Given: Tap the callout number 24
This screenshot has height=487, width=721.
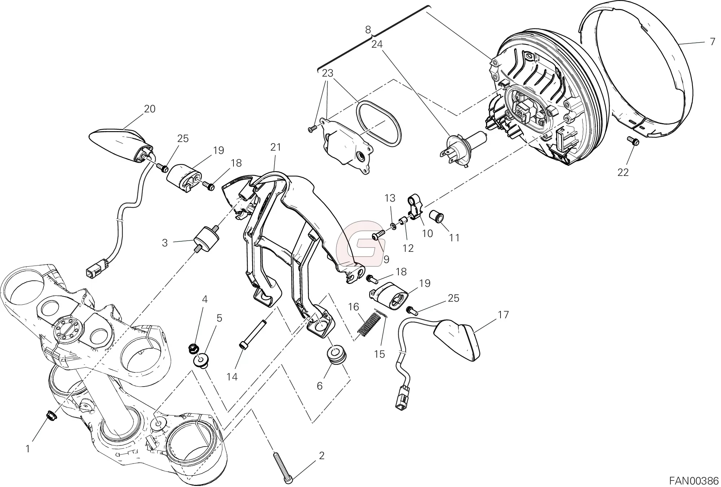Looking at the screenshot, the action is (377, 44).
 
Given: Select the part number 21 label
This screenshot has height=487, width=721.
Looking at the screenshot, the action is (275, 147).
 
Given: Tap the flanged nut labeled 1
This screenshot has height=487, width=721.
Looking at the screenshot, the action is (51, 415).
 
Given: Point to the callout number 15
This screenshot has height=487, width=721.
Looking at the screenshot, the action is (380, 354).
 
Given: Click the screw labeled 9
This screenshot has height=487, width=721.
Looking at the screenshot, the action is (377, 236).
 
